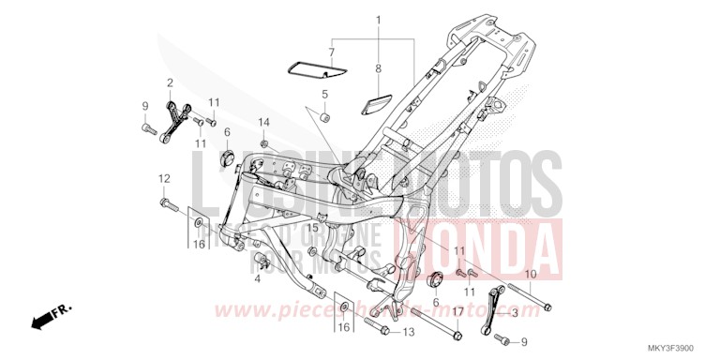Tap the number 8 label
(x=379, y=68)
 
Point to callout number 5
(x=325, y=94)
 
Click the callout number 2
(x=171, y=82)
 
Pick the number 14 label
(x=264, y=123)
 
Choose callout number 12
(x=163, y=178)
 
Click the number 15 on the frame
(x=313, y=228)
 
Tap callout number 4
(x=257, y=278)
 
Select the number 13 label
(x=409, y=332)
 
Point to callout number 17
(x=458, y=311)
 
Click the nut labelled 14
(x=266, y=143)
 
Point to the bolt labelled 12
(x=168, y=202)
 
